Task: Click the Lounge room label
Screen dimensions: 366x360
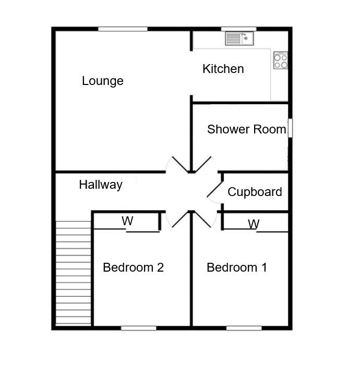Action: [103, 81]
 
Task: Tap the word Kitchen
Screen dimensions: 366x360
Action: [223, 69]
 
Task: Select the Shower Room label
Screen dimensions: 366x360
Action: [246, 129]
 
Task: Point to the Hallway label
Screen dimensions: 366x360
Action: [101, 184]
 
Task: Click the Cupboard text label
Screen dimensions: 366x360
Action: [255, 192]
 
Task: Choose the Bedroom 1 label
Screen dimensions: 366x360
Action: [236, 267]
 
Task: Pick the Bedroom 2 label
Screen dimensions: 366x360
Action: [133, 267]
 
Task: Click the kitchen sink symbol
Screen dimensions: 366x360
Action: [239, 38]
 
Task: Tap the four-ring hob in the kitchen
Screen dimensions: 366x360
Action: [281, 60]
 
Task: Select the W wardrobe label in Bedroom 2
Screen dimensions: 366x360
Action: [128, 221]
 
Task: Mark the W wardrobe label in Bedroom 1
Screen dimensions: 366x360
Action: [254, 224]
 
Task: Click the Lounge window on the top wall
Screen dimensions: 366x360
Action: [123, 29]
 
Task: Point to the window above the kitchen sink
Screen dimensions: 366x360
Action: [238, 29]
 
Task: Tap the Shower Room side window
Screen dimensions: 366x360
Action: [290, 128]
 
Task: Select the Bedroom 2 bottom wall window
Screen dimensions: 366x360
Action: [138, 328]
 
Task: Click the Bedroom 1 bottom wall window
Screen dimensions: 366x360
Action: [244, 328]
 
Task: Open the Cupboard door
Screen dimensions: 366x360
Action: [214, 191]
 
